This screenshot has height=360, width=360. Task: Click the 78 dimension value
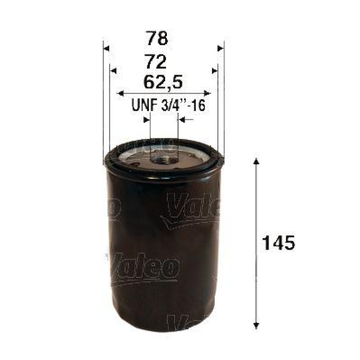coord(157,39)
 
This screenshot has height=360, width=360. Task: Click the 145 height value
coord(278,243)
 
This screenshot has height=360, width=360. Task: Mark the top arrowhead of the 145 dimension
coord(256,162)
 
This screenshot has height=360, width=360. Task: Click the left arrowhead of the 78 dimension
coord(106,48)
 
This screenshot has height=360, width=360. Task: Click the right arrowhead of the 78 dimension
coord(220,48)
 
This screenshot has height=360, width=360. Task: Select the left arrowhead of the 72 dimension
coord(113,70)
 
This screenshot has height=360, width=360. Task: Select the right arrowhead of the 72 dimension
coord(215,70)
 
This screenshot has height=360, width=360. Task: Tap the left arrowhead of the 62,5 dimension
coord(120,93)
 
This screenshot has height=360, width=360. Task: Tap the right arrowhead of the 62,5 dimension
coord(207,93)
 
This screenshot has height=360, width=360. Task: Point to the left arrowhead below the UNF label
coord(147,120)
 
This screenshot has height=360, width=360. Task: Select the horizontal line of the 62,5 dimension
coord(164,93)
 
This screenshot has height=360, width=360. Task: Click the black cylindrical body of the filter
coord(162,252)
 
